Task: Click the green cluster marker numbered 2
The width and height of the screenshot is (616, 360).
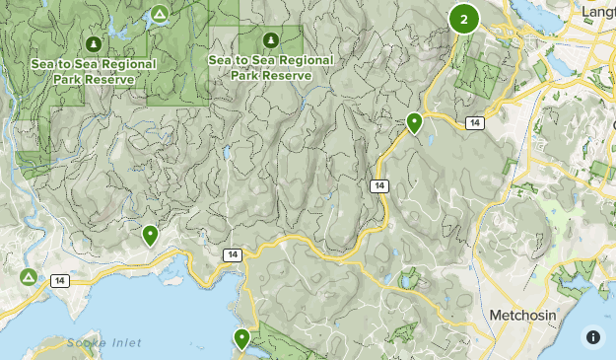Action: [x=463, y=18]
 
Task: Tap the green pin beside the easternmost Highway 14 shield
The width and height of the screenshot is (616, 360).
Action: [x=414, y=123]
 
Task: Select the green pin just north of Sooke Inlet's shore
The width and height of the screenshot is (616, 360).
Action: [x=150, y=235]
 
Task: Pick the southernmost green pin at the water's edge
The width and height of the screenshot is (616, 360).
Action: [x=241, y=339]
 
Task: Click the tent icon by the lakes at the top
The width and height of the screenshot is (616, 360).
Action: [x=159, y=15]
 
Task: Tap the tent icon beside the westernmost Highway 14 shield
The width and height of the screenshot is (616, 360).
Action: [x=29, y=276]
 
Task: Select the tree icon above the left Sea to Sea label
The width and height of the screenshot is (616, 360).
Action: [x=93, y=44]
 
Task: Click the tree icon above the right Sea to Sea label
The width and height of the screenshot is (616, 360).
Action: [x=270, y=40]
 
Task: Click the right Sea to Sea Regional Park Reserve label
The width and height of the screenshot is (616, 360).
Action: [x=271, y=67]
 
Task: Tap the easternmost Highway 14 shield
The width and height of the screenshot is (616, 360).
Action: [x=475, y=122]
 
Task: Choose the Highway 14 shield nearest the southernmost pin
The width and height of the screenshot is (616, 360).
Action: [x=231, y=254]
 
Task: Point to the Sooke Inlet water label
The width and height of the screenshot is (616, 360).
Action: [x=104, y=342]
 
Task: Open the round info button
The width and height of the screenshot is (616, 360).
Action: [x=593, y=337]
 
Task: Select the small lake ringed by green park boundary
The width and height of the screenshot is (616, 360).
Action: [x=406, y=281]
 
